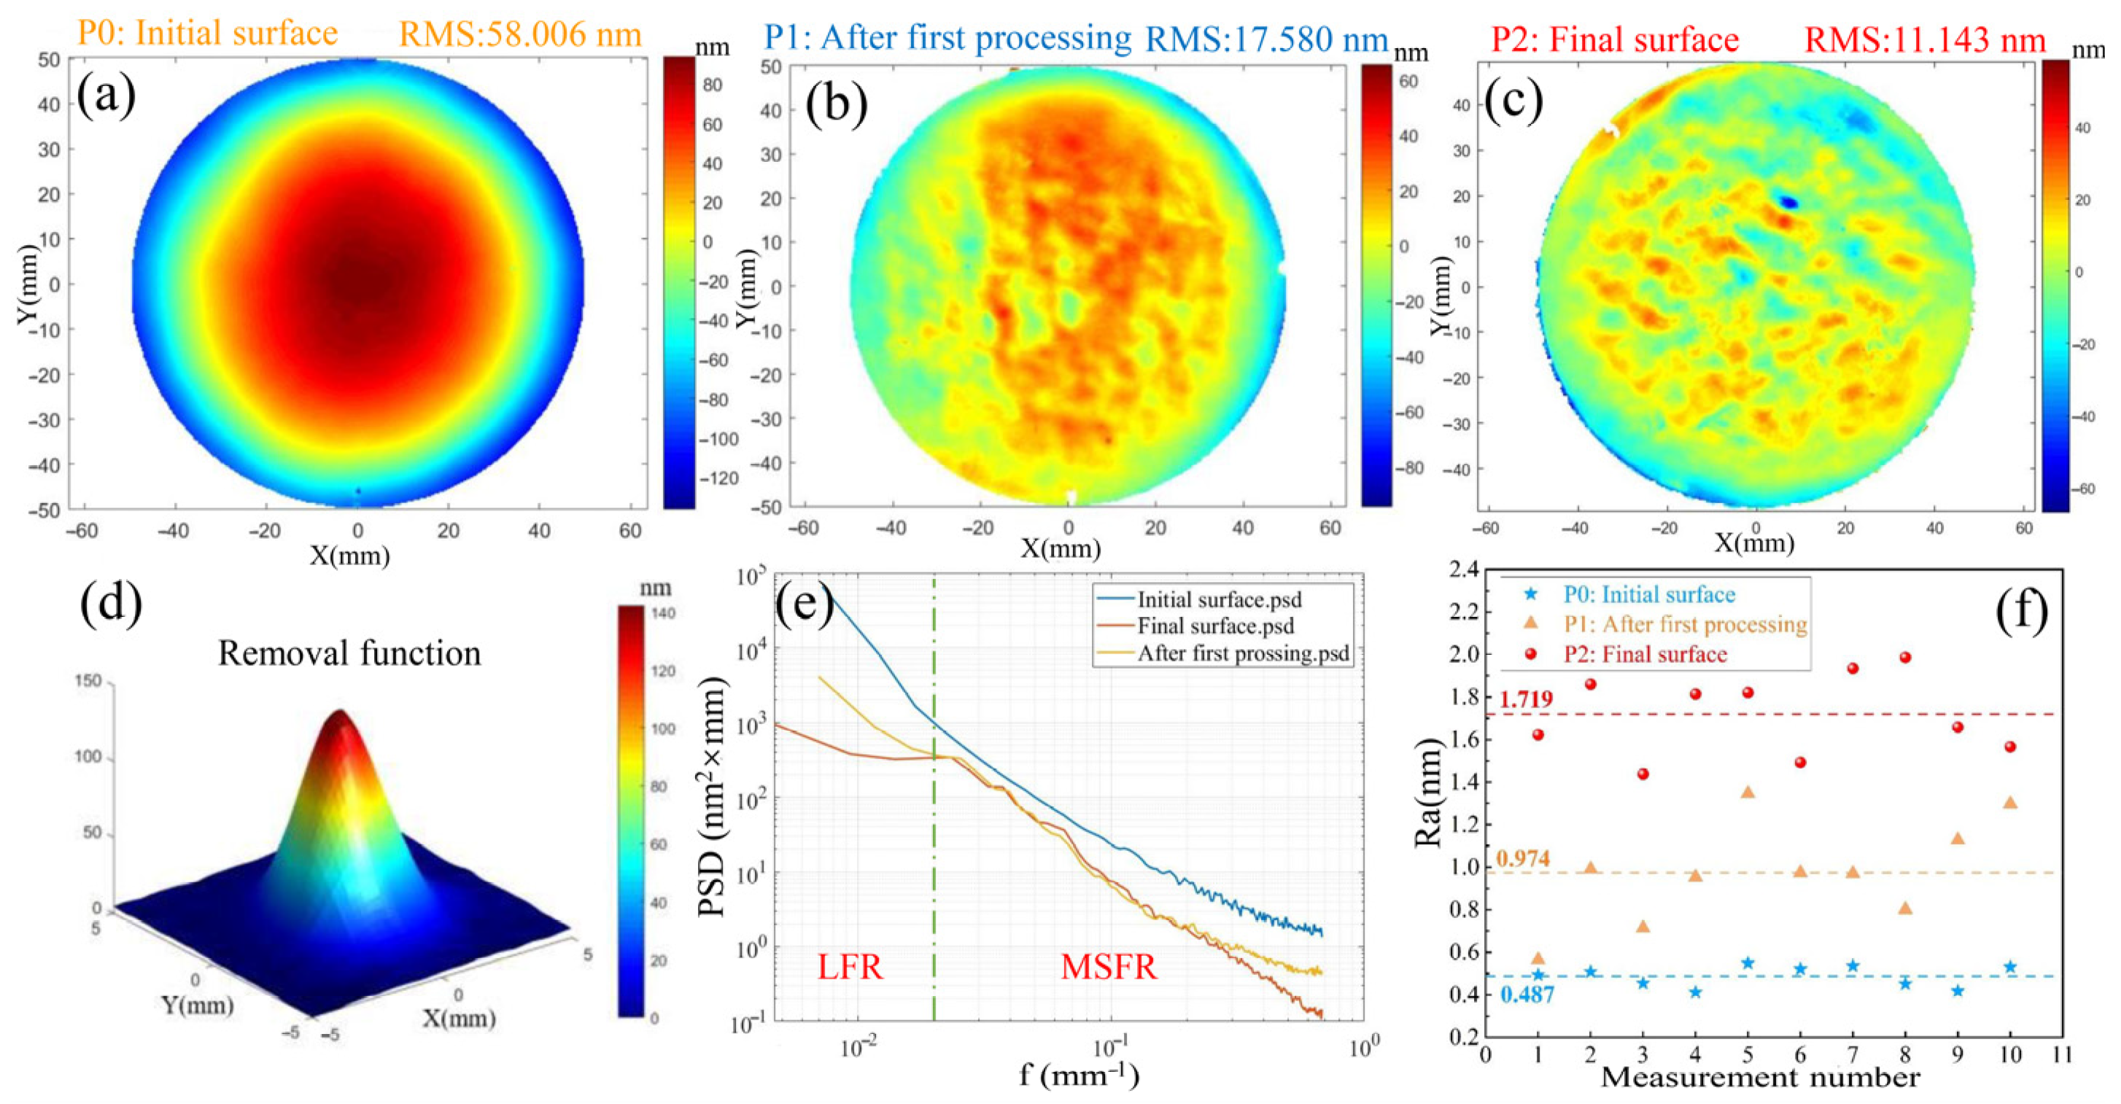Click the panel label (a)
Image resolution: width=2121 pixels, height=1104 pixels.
[106, 96]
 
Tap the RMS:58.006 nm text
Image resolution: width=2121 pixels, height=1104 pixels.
[520, 34]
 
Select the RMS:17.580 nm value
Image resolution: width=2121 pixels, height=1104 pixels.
[1266, 39]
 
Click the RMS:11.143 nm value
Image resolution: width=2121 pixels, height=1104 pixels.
[1925, 39]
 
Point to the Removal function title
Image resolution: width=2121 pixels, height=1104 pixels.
[349, 653]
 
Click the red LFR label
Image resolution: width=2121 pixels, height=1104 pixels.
[850, 966]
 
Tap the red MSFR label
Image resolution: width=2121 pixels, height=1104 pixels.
[1108, 966]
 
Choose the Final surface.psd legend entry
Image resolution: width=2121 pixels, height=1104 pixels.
[1215, 626]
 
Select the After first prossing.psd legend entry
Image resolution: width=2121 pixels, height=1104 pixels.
[1244, 653]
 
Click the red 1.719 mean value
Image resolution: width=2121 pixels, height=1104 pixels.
[1526, 700]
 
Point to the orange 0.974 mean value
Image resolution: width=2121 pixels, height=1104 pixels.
[1522, 859]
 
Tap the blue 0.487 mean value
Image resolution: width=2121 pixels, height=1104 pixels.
[1527, 995]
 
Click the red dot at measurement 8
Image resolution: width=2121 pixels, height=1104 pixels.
[1904, 658]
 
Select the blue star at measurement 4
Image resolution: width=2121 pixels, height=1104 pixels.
[1695, 992]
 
